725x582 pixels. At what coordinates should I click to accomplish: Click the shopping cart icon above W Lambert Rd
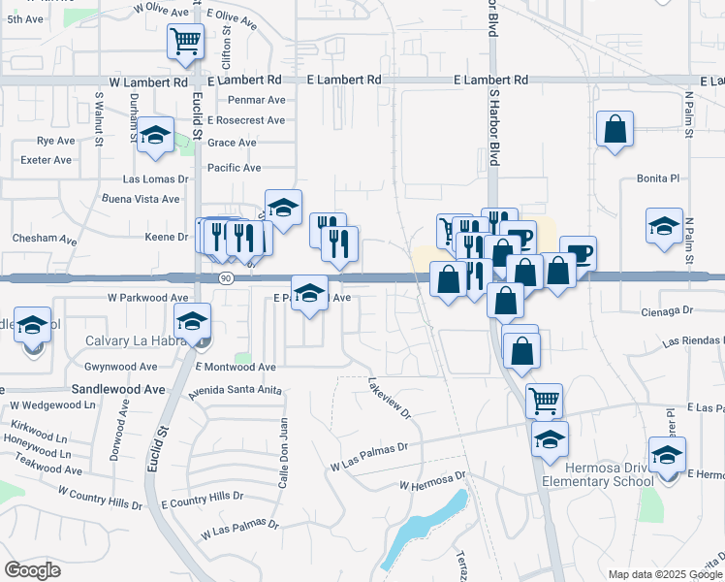point(184,42)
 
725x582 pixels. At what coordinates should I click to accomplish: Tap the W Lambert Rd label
point(147,82)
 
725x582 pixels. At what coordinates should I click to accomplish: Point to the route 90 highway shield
point(224,278)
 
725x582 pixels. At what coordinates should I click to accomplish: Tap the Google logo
point(32,570)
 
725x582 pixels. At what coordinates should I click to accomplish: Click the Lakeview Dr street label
point(390,398)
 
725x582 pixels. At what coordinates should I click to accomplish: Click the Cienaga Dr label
point(669,311)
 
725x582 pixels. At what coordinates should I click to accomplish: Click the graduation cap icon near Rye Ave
point(154,136)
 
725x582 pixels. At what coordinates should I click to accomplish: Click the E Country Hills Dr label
point(202,497)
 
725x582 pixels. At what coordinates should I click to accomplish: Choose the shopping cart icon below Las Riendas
point(544,399)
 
